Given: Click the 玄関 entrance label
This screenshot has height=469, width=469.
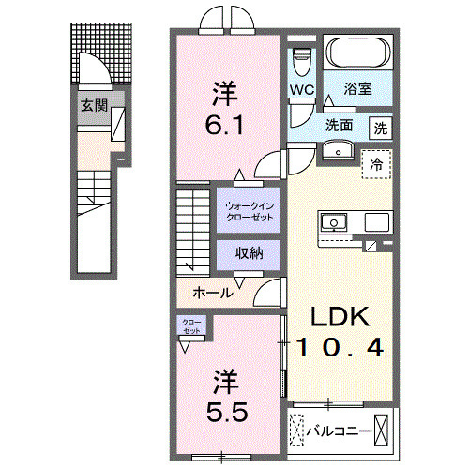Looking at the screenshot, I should [x=90, y=103].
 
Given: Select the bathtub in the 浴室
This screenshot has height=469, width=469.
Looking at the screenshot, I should [x=357, y=53].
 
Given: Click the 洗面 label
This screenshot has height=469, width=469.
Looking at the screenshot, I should [x=339, y=125].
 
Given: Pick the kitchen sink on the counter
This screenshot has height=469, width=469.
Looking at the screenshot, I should [x=333, y=222].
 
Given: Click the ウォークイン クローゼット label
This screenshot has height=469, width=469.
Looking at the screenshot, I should [x=248, y=210].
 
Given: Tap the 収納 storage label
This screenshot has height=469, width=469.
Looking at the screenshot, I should [x=249, y=253].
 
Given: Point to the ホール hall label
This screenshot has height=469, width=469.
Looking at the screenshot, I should [x=213, y=293].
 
